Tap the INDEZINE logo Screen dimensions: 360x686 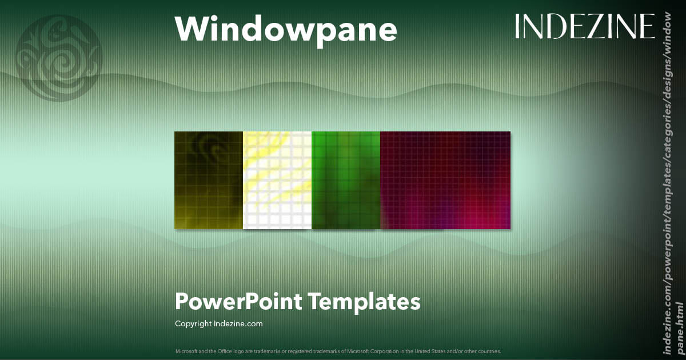584,26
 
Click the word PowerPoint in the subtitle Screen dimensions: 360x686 238,301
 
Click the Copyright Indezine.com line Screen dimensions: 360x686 218,323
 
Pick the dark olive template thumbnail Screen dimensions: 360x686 209,180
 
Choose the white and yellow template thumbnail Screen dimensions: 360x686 277,180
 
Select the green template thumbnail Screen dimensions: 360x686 346,180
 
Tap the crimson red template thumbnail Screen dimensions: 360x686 445,180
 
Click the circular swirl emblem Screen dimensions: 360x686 59,57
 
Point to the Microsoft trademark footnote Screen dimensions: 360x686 337,351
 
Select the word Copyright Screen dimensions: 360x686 193,323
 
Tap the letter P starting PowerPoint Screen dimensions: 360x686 182,301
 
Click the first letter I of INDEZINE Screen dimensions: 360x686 518,26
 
